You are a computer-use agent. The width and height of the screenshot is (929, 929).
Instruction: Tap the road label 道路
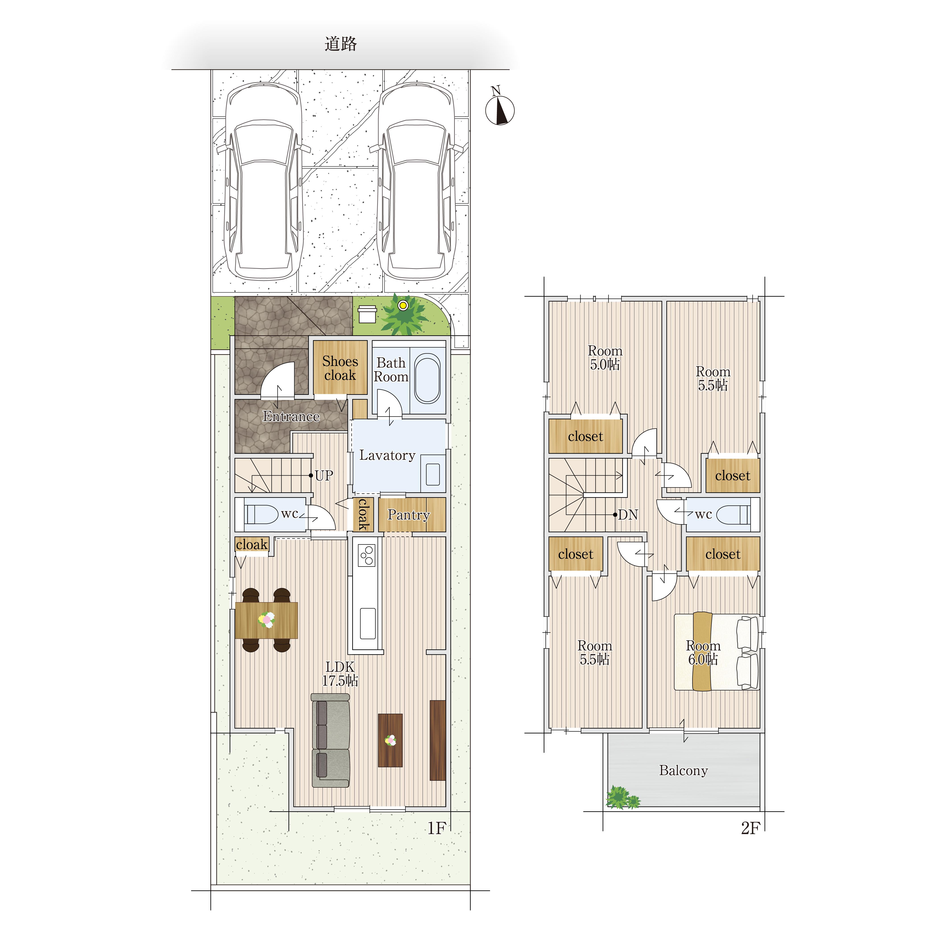[340, 44]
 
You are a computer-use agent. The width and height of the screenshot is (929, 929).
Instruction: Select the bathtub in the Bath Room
[427, 379]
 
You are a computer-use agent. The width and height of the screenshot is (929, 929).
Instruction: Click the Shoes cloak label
[340, 368]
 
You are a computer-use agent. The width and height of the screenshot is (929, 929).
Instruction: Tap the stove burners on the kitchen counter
[367, 555]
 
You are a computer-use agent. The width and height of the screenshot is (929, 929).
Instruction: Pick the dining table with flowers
[266, 620]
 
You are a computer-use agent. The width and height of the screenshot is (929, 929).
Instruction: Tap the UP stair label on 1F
[324, 476]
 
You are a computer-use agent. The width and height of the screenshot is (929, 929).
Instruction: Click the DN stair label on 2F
[628, 515]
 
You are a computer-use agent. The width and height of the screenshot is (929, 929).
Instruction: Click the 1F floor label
[437, 828]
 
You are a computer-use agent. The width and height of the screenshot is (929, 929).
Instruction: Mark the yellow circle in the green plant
[403, 305]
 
